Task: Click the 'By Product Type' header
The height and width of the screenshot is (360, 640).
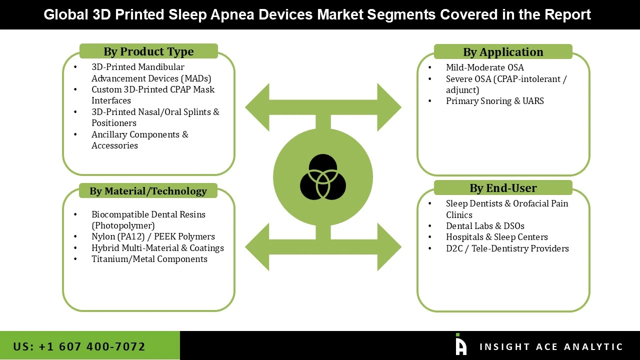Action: [x=148, y=51]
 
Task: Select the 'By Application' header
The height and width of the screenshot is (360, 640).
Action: [x=502, y=52]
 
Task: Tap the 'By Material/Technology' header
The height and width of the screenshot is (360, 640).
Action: [x=148, y=191]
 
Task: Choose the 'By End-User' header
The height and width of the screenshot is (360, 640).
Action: [x=502, y=188]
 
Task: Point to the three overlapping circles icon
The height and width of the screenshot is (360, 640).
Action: [x=323, y=177]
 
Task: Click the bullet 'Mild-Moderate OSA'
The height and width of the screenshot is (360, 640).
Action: [x=484, y=67]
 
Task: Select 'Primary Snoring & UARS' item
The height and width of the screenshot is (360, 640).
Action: [x=494, y=101]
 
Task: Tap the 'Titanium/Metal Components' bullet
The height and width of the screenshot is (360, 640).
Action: [x=149, y=259]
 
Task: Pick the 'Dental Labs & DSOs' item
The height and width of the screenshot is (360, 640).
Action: [x=485, y=226]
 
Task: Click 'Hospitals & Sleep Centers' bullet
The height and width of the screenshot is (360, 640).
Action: [x=496, y=237]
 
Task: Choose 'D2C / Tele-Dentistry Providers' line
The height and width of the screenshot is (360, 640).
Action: [x=507, y=248]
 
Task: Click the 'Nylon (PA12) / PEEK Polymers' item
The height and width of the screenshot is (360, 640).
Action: [x=153, y=236]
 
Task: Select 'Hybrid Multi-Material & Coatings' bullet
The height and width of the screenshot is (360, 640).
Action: [x=157, y=248]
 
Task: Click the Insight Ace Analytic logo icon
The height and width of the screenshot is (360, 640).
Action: [x=461, y=344]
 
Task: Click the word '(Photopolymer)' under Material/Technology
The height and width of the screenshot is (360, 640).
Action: [x=123, y=225]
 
